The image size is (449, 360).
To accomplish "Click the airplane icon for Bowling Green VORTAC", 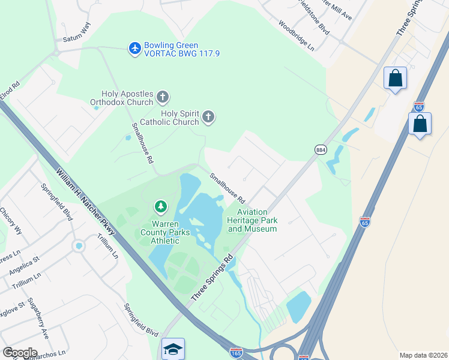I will [135, 47].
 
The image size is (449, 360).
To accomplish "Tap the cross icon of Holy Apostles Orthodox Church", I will [162, 97].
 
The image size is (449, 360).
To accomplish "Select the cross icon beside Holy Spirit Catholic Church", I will [208, 116].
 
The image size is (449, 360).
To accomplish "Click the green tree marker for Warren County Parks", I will [160, 207].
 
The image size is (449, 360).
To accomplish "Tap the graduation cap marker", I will [173, 349].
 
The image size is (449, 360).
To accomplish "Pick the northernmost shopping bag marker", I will [395, 78].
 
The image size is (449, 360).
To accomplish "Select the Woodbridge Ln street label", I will [295, 34].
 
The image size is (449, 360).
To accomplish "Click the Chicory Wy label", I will [11, 221].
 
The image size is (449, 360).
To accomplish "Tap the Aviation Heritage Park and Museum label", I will [253, 220].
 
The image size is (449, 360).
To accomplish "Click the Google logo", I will [20, 352].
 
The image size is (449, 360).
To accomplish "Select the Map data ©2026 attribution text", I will [423, 355].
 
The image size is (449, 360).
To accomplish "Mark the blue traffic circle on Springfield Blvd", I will [78, 246].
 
